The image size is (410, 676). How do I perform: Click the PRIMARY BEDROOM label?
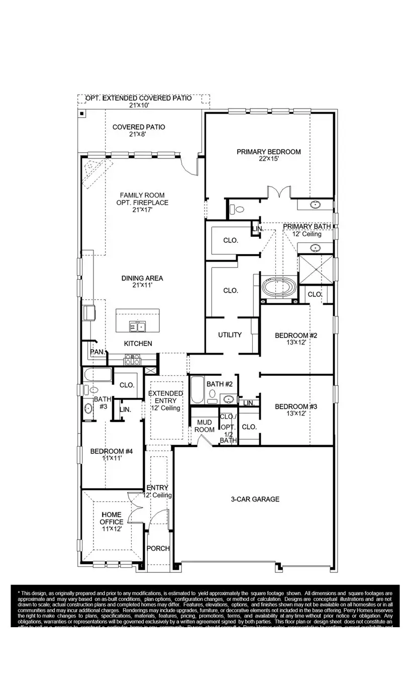(x=269, y=152)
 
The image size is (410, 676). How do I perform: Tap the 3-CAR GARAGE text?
(x=255, y=499)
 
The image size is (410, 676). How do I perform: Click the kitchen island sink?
(x=137, y=327)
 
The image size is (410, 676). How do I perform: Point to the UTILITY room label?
(x=230, y=334)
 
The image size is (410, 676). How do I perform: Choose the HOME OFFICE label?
(x=112, y=519)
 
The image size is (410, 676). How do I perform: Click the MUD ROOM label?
(x=204, y=426)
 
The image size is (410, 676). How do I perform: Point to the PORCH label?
(x=158, y=548)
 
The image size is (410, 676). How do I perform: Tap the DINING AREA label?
(x=142, y=278)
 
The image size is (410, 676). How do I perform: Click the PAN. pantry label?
(x=97, y=352)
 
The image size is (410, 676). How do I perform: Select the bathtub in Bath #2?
(x=197, y=390)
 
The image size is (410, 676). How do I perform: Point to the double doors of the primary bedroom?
(x=279, y=193)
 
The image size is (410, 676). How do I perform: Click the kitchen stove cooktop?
(x=133, y=360)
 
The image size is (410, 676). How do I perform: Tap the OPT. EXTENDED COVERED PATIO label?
(x=138, y=98)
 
